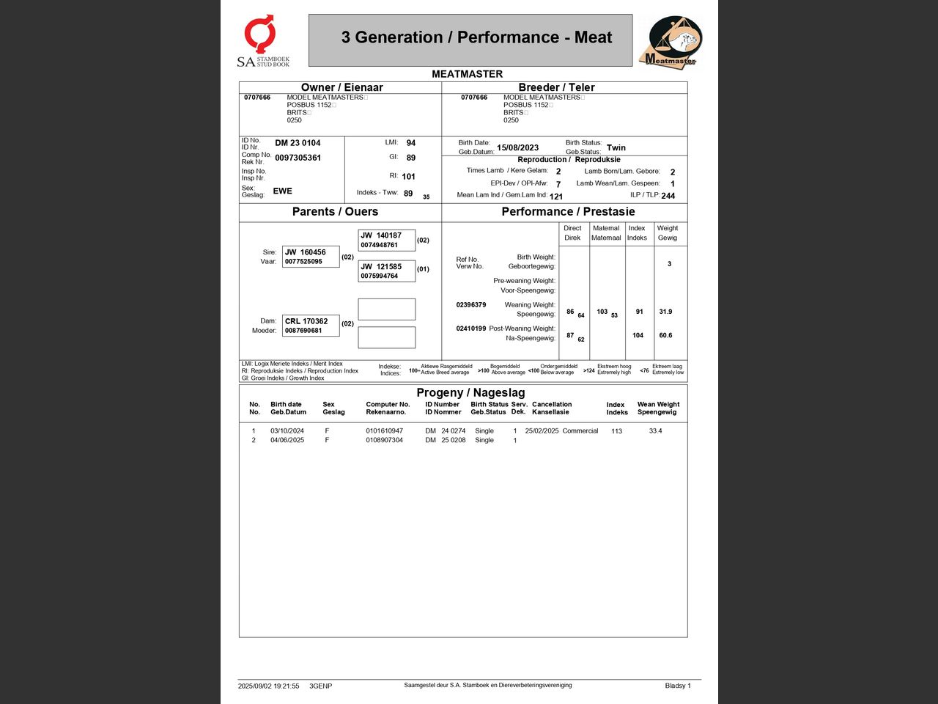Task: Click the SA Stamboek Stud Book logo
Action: coord(262,41)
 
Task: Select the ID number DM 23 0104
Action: coord(298,143)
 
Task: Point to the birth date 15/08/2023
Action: coord(517,147)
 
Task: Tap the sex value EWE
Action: coord(282,191)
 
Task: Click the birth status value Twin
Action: coord(616,147)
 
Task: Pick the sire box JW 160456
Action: coord(311,257)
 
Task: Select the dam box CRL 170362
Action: coord(311,326)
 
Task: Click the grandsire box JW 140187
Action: coord(386,240)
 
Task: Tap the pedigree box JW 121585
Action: coord(386,271)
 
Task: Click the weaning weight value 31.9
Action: coord(665,312)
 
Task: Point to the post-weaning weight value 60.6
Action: coord(665,335)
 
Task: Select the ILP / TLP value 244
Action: coord(668,196)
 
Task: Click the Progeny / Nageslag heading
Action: coord(470,392)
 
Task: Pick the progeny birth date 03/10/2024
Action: coord(287,430)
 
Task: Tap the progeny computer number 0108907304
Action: coord(384,440)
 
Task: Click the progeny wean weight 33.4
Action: coord(655,430)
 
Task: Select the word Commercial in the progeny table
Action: coord(580,430)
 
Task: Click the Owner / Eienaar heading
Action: coord(341,87)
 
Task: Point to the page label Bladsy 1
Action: coord(677,686)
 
